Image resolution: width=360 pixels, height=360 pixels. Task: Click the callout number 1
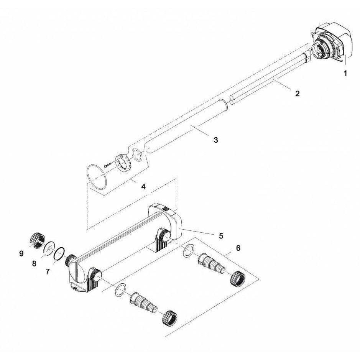coord(345,74)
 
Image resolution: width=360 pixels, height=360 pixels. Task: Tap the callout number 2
coord(298,94)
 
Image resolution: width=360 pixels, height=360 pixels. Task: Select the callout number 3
coord(215,140)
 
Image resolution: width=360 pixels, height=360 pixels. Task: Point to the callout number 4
coord(143,186)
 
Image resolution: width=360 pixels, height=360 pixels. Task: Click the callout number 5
coord(221,236)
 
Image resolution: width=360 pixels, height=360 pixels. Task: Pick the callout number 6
coord(238,248)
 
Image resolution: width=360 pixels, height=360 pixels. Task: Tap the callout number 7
coord(48,271)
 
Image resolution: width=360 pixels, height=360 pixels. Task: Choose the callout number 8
coord(34,263)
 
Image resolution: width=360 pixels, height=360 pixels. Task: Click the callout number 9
coord(21,253)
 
